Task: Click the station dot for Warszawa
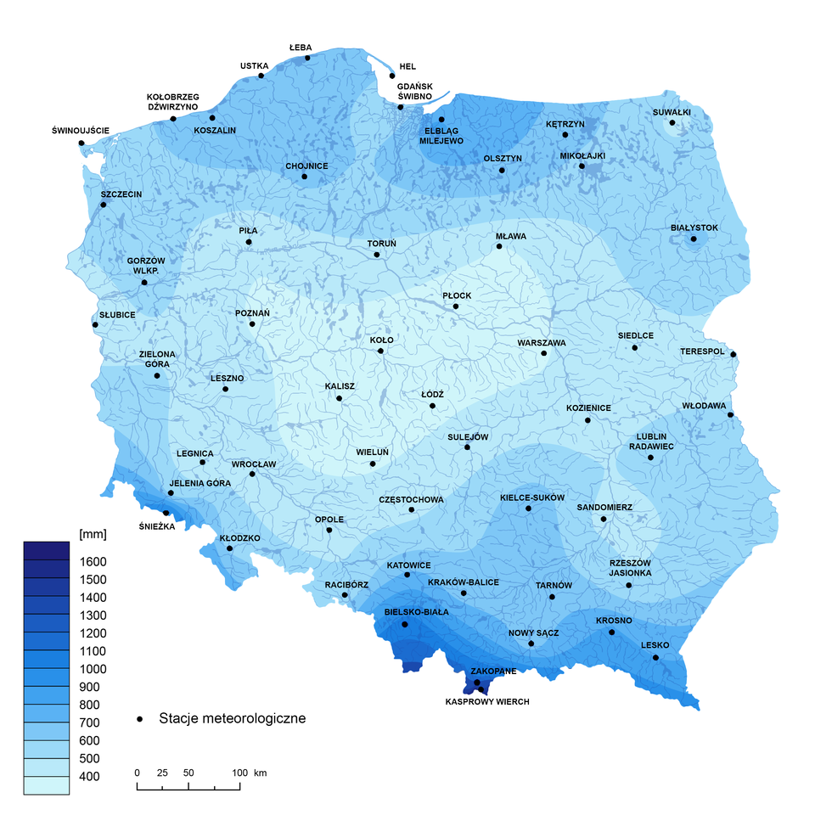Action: (x=544, y=353)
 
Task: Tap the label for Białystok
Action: (x=694, y=228)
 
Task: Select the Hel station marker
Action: (x=392, y=76)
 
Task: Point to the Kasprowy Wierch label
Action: (x=488, y=702)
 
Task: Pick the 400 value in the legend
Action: (x=89, y=777)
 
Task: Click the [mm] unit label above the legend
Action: (x=91, y=535)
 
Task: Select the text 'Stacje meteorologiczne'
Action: (x=232, y=719)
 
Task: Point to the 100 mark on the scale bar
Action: (x=240, y=773)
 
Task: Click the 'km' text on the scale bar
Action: (x=261, y=773)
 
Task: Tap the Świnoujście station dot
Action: (x=81, y=143)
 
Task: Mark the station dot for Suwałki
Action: (x=672, y=123)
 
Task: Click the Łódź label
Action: (x=433, y=394)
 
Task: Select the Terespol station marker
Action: (x=733, y=354)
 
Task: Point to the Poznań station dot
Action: (x=252, y=323)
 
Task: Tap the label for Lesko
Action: (x=655, y=645)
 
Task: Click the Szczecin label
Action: (x=121, y=194)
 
